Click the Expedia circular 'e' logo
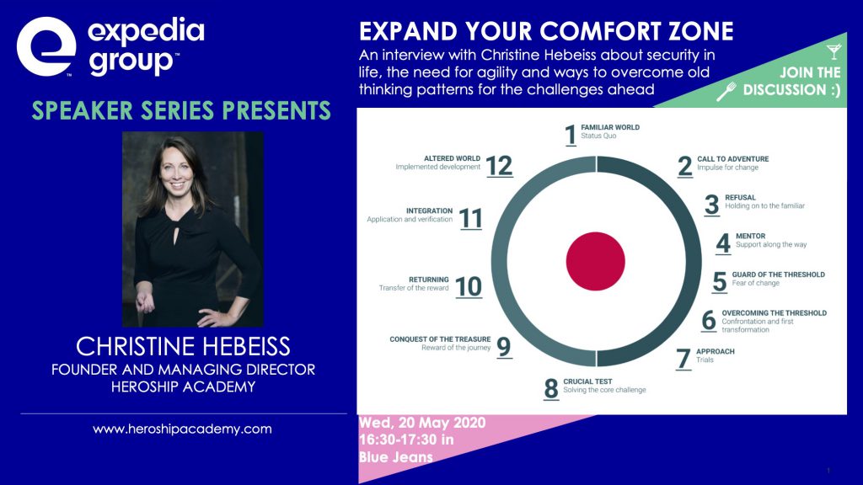(46, 46)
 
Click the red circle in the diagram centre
(596, 261)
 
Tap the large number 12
(499, 166)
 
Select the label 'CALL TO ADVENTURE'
(732, 159)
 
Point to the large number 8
(551, 389)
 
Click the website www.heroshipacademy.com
(182, 429)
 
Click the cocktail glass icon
(834, 51)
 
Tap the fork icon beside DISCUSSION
(726, 92)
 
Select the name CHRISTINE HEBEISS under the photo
(183, 346)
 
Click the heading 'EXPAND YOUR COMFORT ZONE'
(546, 31)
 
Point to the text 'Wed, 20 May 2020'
(422, 423)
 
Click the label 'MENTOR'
(750, 236)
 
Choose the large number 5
(720, 282)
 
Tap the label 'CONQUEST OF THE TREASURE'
(440, 339)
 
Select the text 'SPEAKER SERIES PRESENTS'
(181, 110)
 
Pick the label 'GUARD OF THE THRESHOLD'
(778, 274)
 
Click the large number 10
(469, 287)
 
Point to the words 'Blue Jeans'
(396, 457)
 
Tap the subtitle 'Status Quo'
(598, 136)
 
